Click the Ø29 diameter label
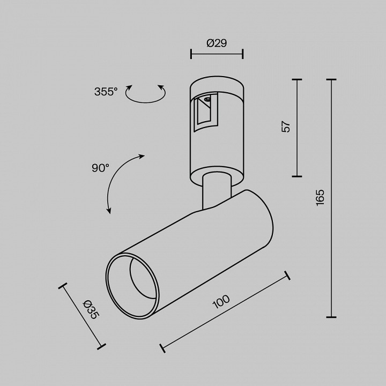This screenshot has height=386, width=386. point(217,43)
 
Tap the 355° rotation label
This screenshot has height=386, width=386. point(106,92)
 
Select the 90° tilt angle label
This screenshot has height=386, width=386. point(100,168)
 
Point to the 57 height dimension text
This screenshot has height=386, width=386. point(286,127)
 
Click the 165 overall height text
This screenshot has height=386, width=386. point(320,197)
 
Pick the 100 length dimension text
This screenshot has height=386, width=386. point(221,303)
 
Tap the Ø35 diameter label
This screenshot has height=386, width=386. point(92,309)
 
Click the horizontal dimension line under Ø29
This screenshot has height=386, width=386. point(217,54)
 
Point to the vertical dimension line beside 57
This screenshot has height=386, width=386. point(297,128)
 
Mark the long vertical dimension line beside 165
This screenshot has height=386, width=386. point(331,198)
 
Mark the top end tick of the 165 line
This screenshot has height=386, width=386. point(331,80)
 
